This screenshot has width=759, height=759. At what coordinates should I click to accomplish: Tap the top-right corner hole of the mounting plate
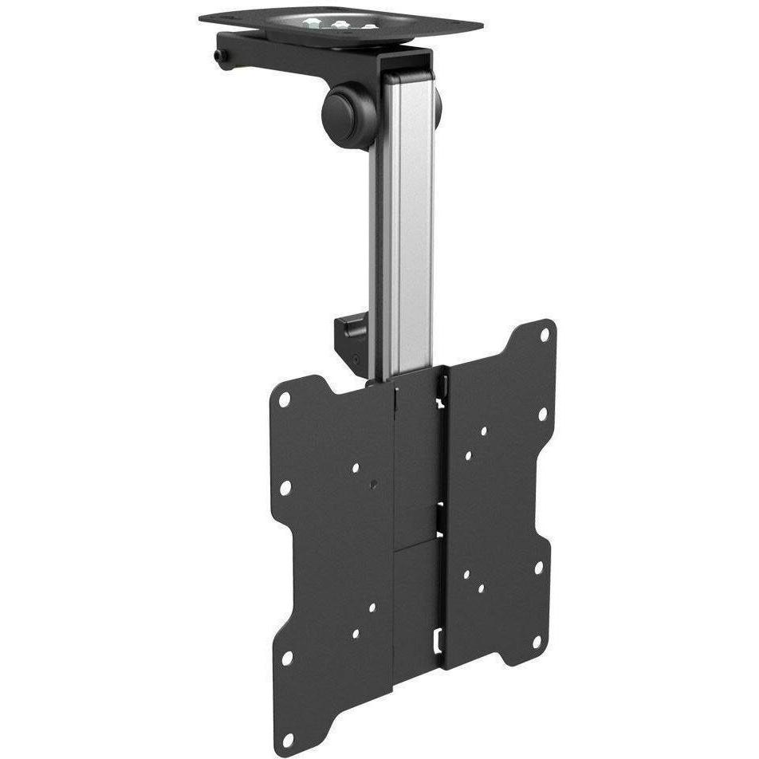pos(545,334)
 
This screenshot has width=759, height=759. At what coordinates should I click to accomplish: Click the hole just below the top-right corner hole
pos(542,415)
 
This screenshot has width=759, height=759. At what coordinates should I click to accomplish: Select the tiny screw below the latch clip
pos(354,360)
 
